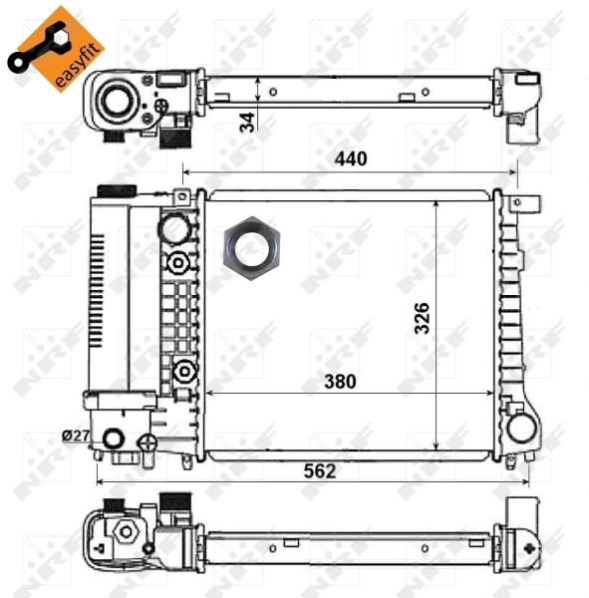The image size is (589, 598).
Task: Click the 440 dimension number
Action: tap(351, 158)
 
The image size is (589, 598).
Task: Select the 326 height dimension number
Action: tap(423, 318)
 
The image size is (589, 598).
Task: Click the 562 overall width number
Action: tap(319, 470)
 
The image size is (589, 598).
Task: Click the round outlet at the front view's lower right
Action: tap(521, 429)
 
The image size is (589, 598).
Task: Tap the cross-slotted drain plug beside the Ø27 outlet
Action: tap(147, 443)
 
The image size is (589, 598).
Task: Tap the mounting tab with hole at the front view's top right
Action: tap(516, 202)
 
